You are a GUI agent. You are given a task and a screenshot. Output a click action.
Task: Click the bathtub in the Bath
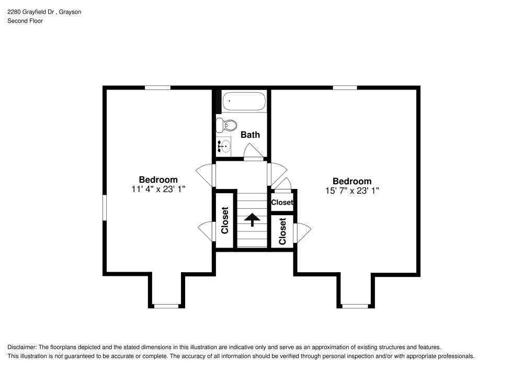(x=244, y=101)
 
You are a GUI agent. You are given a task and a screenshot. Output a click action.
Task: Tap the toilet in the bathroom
(x=226, y=125)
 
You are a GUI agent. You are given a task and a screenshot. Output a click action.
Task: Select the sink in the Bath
(x=223, y=146)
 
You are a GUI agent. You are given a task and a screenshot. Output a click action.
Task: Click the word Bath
(x=250, y=135)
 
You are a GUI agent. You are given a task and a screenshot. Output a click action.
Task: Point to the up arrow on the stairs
(x=252, y=219)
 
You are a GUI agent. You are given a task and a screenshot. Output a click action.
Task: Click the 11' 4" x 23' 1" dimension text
(x=158, y=189)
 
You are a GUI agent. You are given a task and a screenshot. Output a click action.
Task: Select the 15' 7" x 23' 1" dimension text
(x=352, y=190)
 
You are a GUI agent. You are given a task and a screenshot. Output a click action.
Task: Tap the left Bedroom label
(x=158, y=180)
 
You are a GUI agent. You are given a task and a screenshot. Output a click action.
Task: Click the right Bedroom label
(x=352, y=181)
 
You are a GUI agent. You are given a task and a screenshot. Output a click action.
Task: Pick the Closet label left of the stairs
(x=225, y=220)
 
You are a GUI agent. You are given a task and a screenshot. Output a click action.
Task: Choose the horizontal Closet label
(x=282, y=203)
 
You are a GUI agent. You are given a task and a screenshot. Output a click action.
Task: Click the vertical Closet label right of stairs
(x=282, y=231)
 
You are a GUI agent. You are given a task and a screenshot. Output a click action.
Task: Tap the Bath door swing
(x=254, y=151)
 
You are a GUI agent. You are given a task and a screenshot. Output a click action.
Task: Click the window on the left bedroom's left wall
(x=105, y=208)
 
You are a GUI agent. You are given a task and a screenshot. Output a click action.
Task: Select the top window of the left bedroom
(x=157, y=88)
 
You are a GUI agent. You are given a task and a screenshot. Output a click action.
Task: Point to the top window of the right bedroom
(x=345, y=88)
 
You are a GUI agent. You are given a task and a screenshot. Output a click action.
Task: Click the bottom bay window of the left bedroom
(x=166, y=306)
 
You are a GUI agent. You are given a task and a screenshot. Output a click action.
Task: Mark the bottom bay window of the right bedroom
(x=355, y=306)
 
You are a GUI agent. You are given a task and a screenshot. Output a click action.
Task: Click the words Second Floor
(x=25, y=21)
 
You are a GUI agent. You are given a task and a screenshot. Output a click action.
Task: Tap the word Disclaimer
(x=21, y=347)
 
